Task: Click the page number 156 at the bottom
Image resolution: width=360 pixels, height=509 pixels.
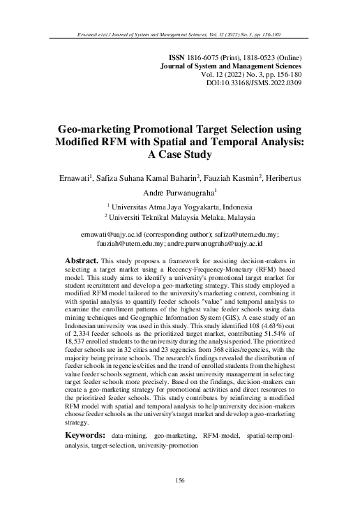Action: pyautogui.click(x=180, y=480)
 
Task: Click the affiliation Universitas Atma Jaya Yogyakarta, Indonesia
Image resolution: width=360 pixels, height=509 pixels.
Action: pyautogui.click(x=183, y=207)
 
